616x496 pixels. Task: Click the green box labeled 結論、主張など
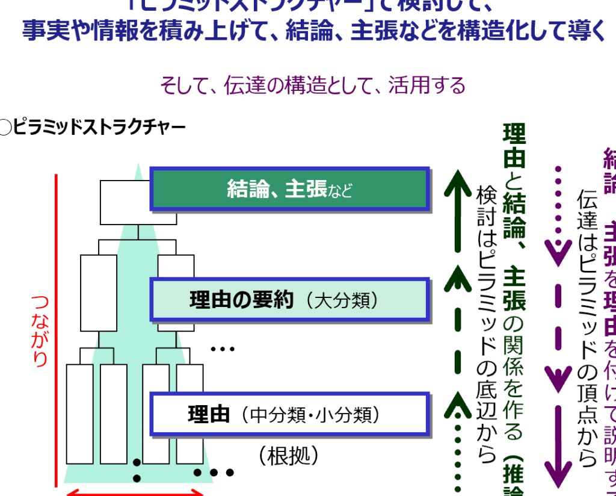[289, 190]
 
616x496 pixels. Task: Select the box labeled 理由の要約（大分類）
[289, 300]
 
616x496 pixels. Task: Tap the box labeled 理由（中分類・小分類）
[289, 415]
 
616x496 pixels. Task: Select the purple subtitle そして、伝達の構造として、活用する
[312, 85]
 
